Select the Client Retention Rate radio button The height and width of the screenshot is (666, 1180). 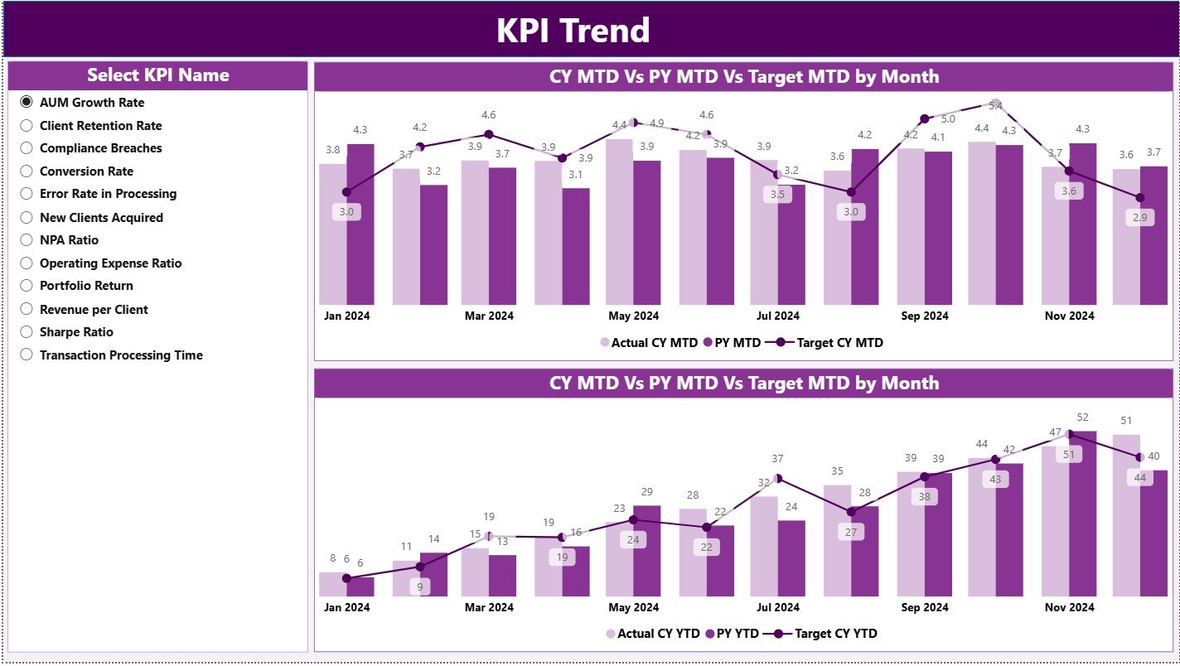point(27,126)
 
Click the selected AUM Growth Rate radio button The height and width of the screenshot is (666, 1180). point(27,103)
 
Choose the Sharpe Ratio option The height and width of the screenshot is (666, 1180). point(27,332)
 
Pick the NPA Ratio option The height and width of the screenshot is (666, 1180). point(27,240)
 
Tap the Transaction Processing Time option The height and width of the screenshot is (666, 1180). point(27,355)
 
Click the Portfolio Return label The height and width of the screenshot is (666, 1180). point(86,286)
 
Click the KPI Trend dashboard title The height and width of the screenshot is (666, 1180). point(573,31)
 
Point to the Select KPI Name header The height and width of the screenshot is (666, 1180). point(157,75)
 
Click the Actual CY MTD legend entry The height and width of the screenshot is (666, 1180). point(646,342)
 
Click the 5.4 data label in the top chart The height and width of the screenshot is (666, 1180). point(996,106)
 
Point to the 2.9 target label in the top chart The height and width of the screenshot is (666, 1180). point(1139,218)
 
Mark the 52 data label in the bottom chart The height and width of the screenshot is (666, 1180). point(1082,417)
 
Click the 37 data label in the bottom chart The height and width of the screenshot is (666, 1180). point(777,459)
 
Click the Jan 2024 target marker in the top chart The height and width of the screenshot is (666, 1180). point(346,192)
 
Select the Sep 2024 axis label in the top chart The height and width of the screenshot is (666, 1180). point(924,316)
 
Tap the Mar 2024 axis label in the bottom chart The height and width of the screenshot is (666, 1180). point(489,607)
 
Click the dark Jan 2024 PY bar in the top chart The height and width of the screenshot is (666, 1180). point(360,224)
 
